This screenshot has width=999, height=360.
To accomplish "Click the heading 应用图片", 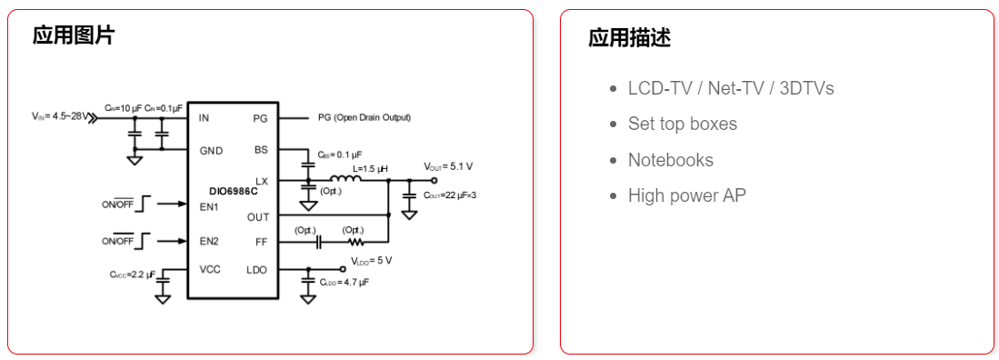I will click(74, 35).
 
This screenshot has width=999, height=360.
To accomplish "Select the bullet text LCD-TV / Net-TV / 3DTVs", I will click(730, 88).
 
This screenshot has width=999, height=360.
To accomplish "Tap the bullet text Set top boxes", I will click(682, 124).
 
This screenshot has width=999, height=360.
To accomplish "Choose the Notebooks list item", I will click(670, 160).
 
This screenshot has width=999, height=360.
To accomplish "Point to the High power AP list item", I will click(686, 195).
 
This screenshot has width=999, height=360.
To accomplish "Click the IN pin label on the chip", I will click(204, 118).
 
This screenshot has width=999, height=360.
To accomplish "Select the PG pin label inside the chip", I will click(260, 118).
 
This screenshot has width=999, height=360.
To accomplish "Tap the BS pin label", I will click(260, 150).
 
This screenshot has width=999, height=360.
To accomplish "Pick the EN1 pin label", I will click(209, 206).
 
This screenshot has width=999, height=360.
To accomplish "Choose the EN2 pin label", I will click(209, 241).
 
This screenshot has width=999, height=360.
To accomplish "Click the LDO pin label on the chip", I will click(256, 270).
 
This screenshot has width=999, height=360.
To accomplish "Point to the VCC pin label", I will click(211, 270).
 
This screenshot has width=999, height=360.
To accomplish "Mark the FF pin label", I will click(261, 243).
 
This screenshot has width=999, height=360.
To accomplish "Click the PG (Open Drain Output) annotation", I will click(364, 118).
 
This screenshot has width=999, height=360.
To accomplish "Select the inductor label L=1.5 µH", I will click(369, 168).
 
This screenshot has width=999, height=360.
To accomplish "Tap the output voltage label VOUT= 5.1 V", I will click(448, 166).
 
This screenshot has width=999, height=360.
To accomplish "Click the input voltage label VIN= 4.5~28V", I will click(60, 116).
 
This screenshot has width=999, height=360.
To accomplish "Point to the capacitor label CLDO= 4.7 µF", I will click(345, 283).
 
